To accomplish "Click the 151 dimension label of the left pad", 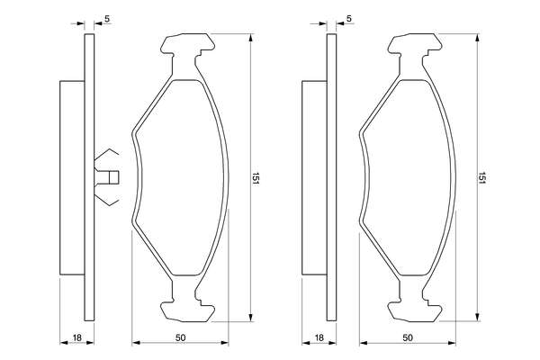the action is (256, 178).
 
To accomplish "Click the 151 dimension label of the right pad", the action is (481, 177).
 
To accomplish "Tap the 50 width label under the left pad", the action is (181, 338).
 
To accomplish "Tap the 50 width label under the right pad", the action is (408, 338).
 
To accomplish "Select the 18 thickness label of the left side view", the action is (77, 338).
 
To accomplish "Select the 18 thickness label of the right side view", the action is (319, 338).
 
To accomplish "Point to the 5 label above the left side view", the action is (107, 19).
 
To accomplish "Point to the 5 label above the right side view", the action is (349, 19).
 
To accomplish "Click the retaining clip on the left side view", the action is (106, 177).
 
